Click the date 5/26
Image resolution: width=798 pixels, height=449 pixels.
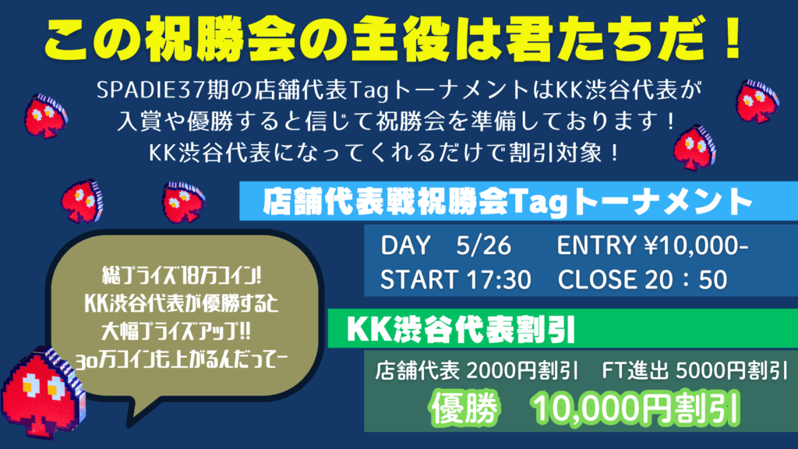pyautogui.click(x=483, y=246)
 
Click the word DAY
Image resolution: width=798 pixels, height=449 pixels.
pyautogui.click(x=405, y=246)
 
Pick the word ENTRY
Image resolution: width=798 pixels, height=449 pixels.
pyautogui.click(x=596, y=246)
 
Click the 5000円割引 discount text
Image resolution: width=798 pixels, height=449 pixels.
pyautogui.click(x=732, y=370)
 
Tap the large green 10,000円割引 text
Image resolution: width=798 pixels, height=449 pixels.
pyautogui.click(x=635, y=408)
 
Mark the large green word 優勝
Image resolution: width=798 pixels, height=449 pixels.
pyautogui.click(x=464, y=408)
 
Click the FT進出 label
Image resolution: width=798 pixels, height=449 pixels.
pyautogui.click(x=635, y=370)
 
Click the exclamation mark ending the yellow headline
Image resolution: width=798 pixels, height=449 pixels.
pyautogui.click(x=733, y=39)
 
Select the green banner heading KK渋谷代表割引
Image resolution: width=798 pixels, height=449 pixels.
pyautogui.click(x=461, y=330)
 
